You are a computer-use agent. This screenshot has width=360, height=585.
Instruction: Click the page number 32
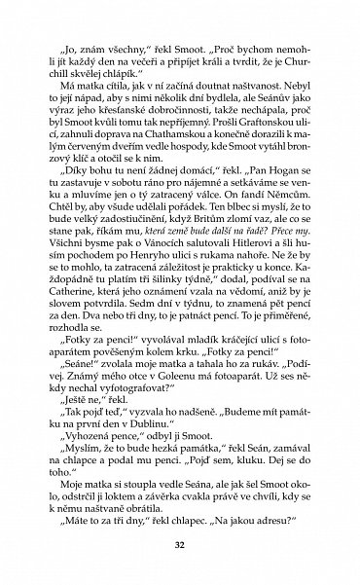click(x=180, y=542)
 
